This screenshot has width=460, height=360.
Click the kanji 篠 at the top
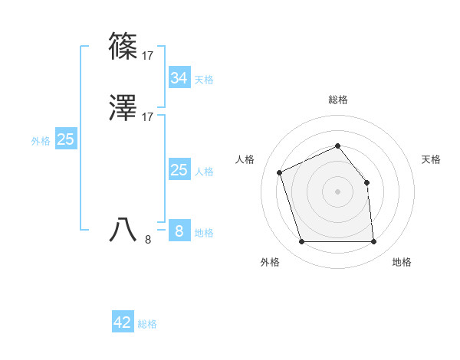[123, 45]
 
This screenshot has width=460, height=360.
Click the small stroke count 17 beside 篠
[148, 56]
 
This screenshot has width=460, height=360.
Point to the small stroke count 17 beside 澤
[148, 117]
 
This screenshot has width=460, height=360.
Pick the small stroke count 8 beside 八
[148, 239]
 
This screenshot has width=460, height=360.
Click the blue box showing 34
[179, 78]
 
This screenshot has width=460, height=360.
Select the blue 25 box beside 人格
[179, 170]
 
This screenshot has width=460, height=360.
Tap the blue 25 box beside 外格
[65, 139]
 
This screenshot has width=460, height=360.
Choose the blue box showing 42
[123, 322]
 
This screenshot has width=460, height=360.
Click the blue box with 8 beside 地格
[179, 231]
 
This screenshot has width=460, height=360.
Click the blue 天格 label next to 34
[204, 80]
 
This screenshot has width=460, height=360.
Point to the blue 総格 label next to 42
[147, 324]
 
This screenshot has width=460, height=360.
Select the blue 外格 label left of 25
[41, 141]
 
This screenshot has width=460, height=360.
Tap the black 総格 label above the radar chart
[337, 100]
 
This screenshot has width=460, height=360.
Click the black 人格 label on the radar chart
[245, 159]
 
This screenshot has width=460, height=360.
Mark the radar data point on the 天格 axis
[366, 182]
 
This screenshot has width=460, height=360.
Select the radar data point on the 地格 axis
[373, 242]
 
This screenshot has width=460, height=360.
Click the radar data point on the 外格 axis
[301, 242]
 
